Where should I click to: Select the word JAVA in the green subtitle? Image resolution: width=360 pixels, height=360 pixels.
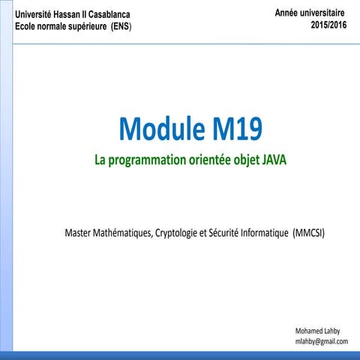(x=274, y=160)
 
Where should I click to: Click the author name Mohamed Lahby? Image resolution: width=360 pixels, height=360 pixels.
(x=322, y=330)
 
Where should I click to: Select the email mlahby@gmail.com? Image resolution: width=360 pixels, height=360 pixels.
(x=322, y=341)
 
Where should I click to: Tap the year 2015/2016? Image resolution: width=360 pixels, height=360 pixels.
(x=329, y=24)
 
